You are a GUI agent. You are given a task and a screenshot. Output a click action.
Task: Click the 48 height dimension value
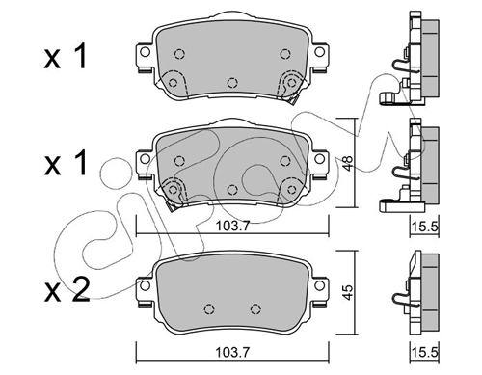pos(348,162)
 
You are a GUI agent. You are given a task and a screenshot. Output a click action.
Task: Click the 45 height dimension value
pos(348,292)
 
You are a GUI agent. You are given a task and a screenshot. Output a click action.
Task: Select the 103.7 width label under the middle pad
pos(232,227)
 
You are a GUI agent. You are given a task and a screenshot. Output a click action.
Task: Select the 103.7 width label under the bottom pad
pos(232,353)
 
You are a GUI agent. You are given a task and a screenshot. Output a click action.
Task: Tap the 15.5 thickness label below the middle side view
pos(425,227)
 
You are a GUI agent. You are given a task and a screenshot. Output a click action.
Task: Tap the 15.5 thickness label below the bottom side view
pos(425,353)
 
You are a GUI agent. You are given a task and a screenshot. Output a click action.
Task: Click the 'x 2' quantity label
pos(67,289)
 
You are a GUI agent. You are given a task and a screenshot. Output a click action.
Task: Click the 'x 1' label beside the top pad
pos(66,57)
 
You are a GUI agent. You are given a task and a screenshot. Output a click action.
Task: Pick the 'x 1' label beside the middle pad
pos(66,163)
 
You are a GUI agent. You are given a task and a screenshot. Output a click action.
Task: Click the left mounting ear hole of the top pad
pos(146,52)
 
